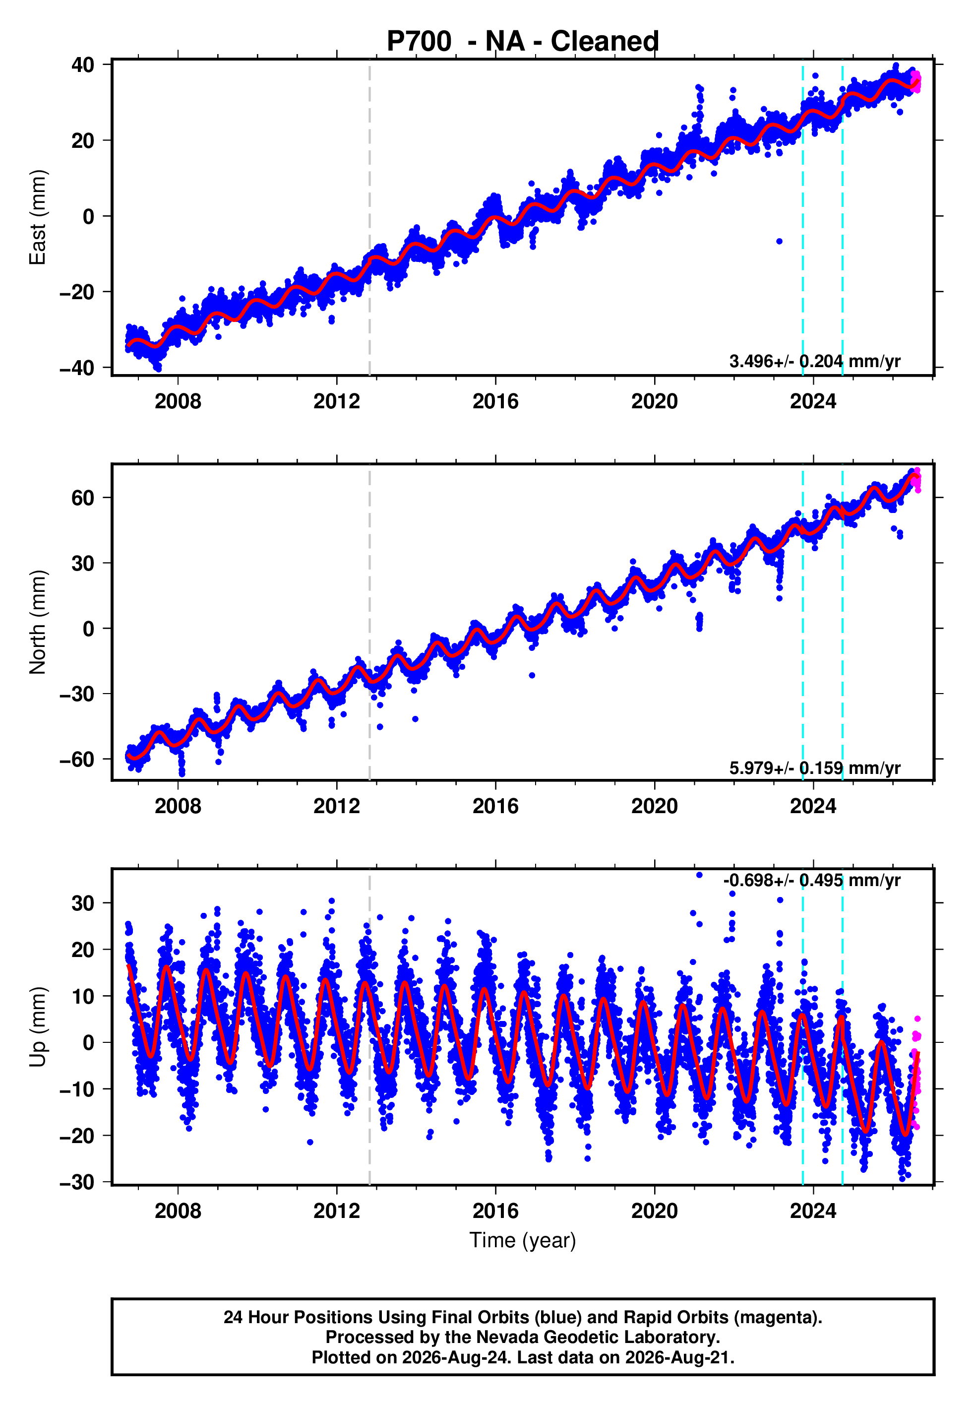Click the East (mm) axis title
[x=38, y=217]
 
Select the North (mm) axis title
[x=38, y=622]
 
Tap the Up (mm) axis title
[x=38, y=1027]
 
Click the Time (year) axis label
[x=523, y=1241]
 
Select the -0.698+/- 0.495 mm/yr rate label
[x=811, y=881]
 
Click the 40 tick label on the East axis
[x=82, y=64]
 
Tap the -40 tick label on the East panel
[x=77, y=368]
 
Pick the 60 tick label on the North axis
[x=82, y=498]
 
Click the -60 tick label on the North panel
[x=77, y=760]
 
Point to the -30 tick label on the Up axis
[x=77, y=1182]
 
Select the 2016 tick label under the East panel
[x=495, y=401]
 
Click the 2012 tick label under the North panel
[x=337, y=806]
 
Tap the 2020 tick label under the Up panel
[x=654, y=1211]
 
